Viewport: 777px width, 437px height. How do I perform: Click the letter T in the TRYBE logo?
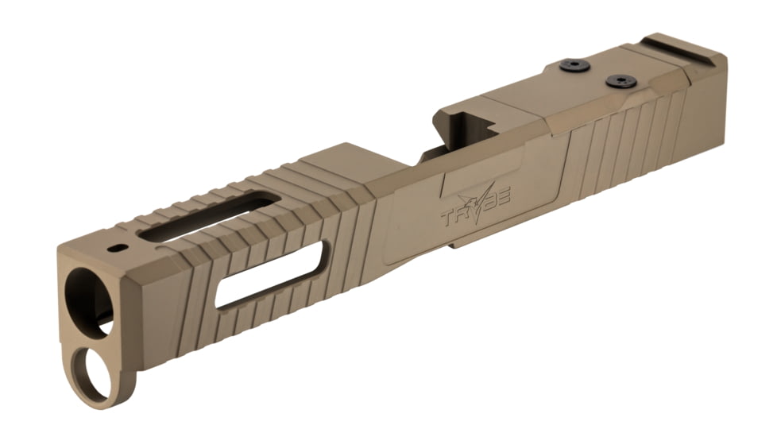(449, 215)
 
